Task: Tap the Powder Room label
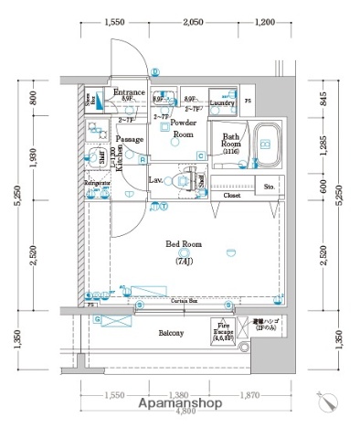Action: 183,128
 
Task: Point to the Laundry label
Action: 222,103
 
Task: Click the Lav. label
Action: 155,180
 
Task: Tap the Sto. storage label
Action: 270,187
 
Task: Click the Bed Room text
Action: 185,244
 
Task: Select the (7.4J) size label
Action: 185,262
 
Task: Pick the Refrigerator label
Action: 98,184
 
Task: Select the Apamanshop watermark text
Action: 181,403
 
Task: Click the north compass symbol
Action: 329,400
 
